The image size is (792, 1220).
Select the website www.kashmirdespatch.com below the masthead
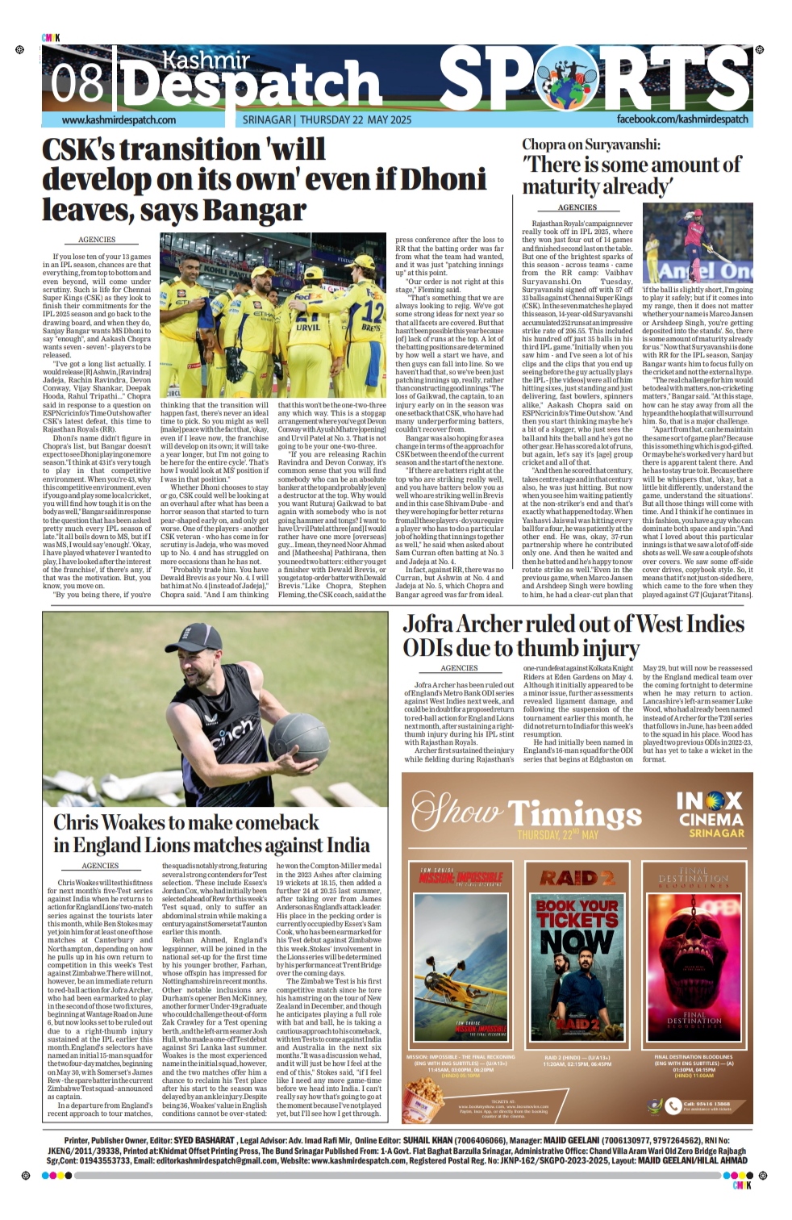[119, 119]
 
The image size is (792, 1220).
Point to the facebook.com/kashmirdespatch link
[682, 119]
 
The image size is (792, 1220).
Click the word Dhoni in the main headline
[443, 178]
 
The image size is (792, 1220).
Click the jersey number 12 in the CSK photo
[372, 309]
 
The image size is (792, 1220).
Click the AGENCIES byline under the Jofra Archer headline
[459, 668]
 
